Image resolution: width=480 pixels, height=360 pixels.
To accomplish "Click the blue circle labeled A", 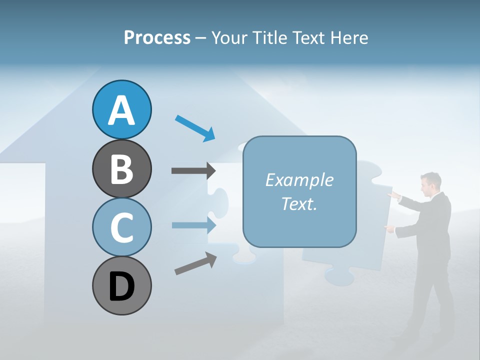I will pos(121,109).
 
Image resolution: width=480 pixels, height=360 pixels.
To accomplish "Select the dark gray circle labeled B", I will pos(121,168).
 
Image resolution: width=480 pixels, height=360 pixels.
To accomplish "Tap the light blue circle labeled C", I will pos(121,227).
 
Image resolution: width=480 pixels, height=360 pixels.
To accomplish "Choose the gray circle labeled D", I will pos(121,285).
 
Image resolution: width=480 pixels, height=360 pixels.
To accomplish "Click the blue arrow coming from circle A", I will pos(195,128).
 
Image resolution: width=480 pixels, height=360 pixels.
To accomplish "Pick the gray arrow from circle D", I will pos(195,263).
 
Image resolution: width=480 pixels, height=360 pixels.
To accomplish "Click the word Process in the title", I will pos(157,37).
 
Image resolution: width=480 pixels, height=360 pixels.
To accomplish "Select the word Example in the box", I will pos(299,180).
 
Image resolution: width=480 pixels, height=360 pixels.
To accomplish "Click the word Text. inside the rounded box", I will pos(299,203).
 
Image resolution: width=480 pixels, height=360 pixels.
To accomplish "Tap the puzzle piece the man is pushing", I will pos(350,225).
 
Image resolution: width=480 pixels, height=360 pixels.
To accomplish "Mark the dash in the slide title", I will pos(200,38).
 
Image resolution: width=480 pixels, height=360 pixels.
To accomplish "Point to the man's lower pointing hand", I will pos(389,228).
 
